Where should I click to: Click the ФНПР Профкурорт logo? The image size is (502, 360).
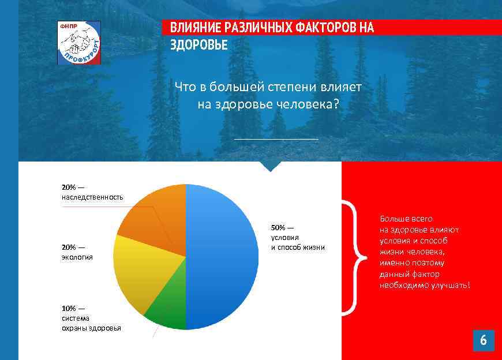pyautogui.click(x=79, y=43)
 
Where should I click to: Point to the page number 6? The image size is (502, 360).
pyautogui.click(x=483, y=340)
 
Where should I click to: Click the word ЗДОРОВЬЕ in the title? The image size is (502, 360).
pyautogui.click(x=198, y=45)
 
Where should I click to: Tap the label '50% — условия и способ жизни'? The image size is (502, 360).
pyautogui.click(x=298, y=237)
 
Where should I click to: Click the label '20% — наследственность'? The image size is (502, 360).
pyautogui.click(x=92, y=192)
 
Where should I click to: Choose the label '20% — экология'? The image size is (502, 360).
pyautogui.click(x=77, y=252)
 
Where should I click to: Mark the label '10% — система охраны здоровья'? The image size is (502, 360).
pyautogui.click(x=91, y=318)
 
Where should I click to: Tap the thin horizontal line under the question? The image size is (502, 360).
pyautogui.click(x=276, y=139)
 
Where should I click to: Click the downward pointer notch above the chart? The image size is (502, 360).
pyautogui.click(x=270, y=167)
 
